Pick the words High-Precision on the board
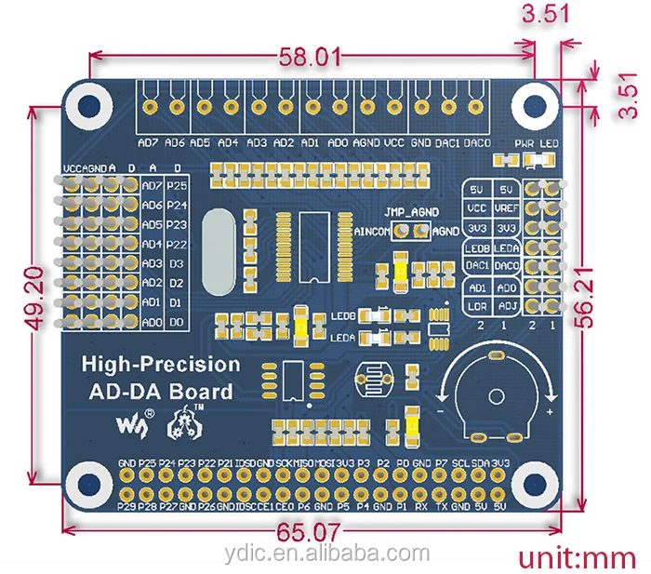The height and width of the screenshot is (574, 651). [161, 365]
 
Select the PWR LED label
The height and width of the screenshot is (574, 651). [537, 144]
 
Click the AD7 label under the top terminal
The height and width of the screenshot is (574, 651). [147, 143]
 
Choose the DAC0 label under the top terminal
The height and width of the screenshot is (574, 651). [476, 143]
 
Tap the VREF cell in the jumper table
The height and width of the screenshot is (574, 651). [507, 208]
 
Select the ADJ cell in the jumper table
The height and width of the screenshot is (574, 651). [507, 306]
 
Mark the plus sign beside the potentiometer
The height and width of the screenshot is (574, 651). [551, 411]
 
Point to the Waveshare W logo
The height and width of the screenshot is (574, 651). [129, 423]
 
